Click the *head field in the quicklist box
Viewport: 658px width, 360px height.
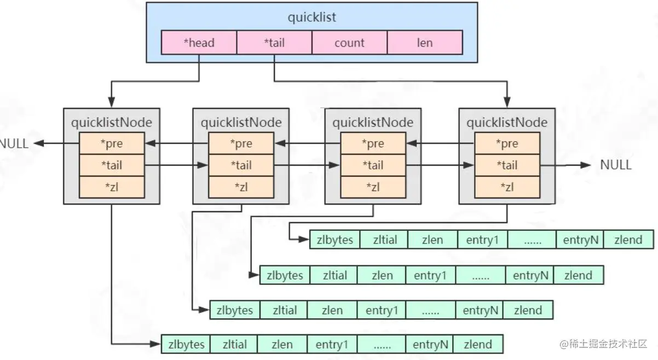coord(199,42)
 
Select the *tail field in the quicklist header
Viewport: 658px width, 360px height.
coord(274,42)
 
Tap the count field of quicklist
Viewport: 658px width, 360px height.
coord(349,42)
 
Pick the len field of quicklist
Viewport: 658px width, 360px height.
coord(425,42)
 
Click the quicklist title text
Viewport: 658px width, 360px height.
coord(312,17)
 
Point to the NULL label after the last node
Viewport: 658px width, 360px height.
coord(616,165)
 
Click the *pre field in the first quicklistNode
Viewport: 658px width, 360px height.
coord(112,143)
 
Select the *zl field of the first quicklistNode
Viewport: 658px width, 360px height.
coord(112,187)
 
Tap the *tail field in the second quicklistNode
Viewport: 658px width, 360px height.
coord(241,165)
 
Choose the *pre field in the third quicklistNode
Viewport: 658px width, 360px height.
coord(373,143)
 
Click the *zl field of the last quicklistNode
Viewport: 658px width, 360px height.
coord(507,187)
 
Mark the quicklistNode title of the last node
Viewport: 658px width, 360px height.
coord(507,123)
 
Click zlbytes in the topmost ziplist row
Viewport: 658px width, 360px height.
coord(335,240)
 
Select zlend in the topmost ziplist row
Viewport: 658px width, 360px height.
coord(628,240)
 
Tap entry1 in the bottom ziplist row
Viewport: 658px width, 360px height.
coord(332,345)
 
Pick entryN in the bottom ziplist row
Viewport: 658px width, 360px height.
coord(430,345)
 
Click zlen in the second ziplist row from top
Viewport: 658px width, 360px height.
coord(382,275)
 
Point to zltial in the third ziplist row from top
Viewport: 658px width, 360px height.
coord(285,310)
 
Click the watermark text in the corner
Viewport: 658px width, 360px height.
coord(603,344)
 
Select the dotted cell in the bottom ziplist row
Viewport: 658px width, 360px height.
coord(382,345)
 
